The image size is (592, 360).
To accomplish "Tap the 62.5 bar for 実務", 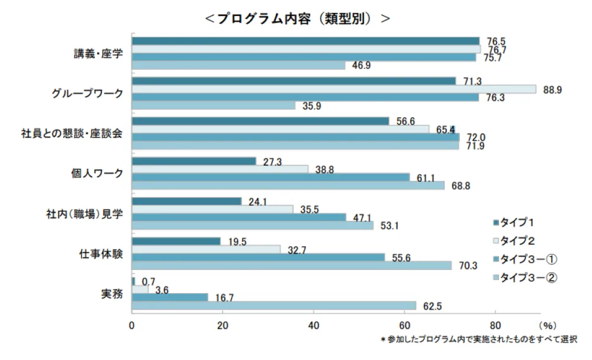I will tap(274, 305).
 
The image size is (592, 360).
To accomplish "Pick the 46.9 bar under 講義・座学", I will tap(238, 66).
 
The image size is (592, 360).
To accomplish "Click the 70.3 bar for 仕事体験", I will tap(291, 265).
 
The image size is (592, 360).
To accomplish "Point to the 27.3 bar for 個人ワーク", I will tap(194, 161).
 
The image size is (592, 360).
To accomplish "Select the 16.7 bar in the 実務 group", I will tap(170, 297).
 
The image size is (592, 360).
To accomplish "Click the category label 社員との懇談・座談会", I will tap(71, 133).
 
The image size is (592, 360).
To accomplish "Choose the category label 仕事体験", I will tap(101, 253).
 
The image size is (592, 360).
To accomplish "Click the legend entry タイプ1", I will tap(517, 223).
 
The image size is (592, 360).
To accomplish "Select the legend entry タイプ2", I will tap(517, 241).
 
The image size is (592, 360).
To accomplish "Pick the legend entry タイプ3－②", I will tap(529, 277).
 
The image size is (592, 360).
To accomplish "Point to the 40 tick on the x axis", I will tap(314, 325).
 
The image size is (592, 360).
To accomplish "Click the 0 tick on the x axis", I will tap(132, 325).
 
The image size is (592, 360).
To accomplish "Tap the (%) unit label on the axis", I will tap(548, 325).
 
